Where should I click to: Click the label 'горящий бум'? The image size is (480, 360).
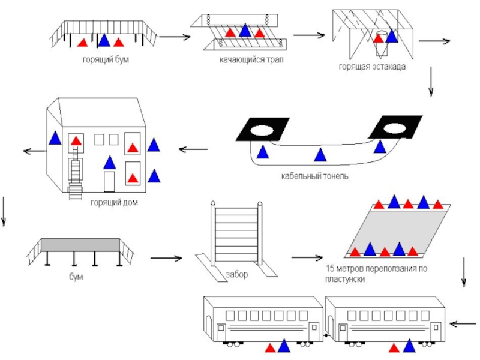(x=106, y=59)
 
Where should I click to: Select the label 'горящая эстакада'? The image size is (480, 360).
(x=372, y=67)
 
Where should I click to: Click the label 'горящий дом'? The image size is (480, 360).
(x=114, y=203)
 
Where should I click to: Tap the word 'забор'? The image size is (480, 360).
(x=236, y=274)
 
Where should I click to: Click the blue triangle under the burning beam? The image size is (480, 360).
(x=104, y=41)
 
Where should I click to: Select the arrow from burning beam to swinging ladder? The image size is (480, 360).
(x=175, y=38)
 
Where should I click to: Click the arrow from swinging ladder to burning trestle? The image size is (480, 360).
(x=309, y=35)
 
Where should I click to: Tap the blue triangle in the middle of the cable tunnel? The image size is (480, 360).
(x=320, y=155)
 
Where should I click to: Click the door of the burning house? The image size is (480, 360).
(x=109, y=181)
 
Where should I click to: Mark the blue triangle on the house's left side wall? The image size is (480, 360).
(x=55, y=138)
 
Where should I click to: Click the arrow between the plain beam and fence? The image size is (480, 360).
(x=166, y=259)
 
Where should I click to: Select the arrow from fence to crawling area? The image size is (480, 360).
(x=307, y=258)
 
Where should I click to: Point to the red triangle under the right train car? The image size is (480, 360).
(x=394, y=347)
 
